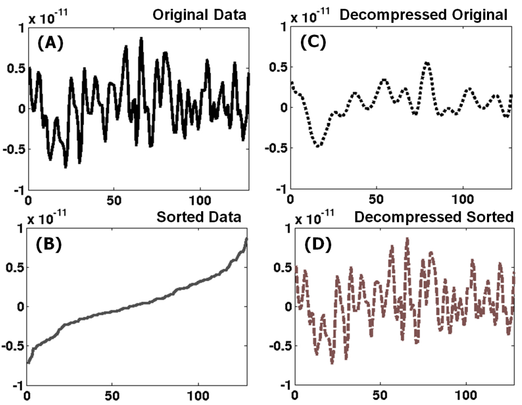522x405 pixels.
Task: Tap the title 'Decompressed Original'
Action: [x=423, y=15]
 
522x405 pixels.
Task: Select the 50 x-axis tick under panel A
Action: [x=114, y=198]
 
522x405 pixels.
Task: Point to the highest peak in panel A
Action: [x=141, y=39]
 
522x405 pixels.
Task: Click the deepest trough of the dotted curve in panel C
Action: [x=319, y=146]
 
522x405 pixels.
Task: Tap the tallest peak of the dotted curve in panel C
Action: [x=427, y=63]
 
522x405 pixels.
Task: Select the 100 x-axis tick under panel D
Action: [x=467, y=400]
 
